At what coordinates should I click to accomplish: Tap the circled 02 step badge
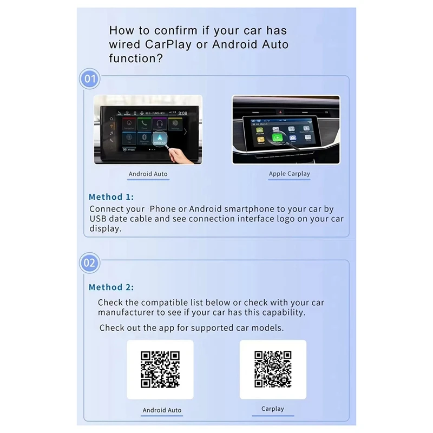[x=89, y=263]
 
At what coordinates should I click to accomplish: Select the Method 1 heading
[x=111, y=197]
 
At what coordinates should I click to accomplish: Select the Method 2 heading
[x=111, y=287]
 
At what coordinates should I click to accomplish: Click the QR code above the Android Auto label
[x=160, y=369]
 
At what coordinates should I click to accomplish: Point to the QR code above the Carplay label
[x=273, y=369]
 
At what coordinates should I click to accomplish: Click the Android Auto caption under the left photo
[x=148, y=174]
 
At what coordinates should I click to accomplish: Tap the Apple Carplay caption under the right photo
[x=290, y=174]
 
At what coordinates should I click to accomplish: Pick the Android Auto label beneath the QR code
[x=162, y=410]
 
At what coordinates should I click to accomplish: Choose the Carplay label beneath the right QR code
[x=273, y=409]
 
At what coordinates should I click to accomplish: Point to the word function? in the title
[x=135, y=58]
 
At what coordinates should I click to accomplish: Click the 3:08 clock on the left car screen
[x=183, y=113]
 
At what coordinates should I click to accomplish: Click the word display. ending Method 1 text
[x=105, y=228]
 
